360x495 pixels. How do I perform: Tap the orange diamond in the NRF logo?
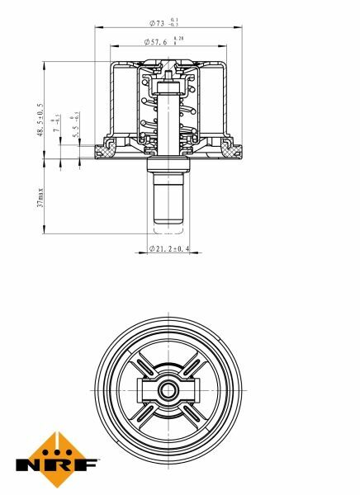56,443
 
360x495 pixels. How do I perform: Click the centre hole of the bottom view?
169,389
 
